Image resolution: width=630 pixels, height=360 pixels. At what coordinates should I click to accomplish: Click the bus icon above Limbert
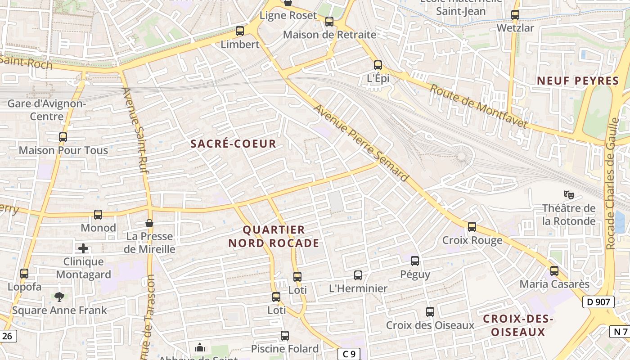tap(240, 31)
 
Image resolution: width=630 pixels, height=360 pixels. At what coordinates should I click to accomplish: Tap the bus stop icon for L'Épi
tap(378, 65)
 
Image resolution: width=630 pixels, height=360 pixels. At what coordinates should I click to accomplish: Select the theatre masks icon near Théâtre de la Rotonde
tap(569, 195)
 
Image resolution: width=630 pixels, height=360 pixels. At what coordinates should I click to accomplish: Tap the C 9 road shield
tap(348, 354)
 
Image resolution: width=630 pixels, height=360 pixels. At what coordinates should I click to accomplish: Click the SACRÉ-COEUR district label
tap(233, 144)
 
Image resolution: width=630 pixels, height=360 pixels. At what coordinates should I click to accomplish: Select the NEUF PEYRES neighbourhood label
tap(578, 81)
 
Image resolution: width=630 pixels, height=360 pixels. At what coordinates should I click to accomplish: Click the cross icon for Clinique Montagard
tap(83, 248)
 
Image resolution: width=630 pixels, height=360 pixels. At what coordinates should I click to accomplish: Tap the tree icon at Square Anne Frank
tap(59, 297)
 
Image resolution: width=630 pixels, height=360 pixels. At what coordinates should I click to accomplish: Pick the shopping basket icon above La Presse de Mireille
tap(149, 223)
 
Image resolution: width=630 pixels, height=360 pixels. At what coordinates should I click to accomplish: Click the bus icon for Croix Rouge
tap(472, 227)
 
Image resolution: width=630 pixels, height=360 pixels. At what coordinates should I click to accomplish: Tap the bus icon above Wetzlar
tap(515, 15)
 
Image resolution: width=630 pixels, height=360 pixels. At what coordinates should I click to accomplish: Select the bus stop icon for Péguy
tap(415, 261)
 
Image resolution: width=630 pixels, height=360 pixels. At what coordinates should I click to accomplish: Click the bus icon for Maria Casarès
tap(554, 271)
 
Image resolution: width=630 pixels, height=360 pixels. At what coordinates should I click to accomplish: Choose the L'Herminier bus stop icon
tap(358, 275)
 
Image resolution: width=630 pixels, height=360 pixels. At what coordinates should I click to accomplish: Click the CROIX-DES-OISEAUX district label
tap(518, 325)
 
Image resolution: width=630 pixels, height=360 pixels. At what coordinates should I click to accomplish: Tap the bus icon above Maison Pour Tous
tap(63, 137)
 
